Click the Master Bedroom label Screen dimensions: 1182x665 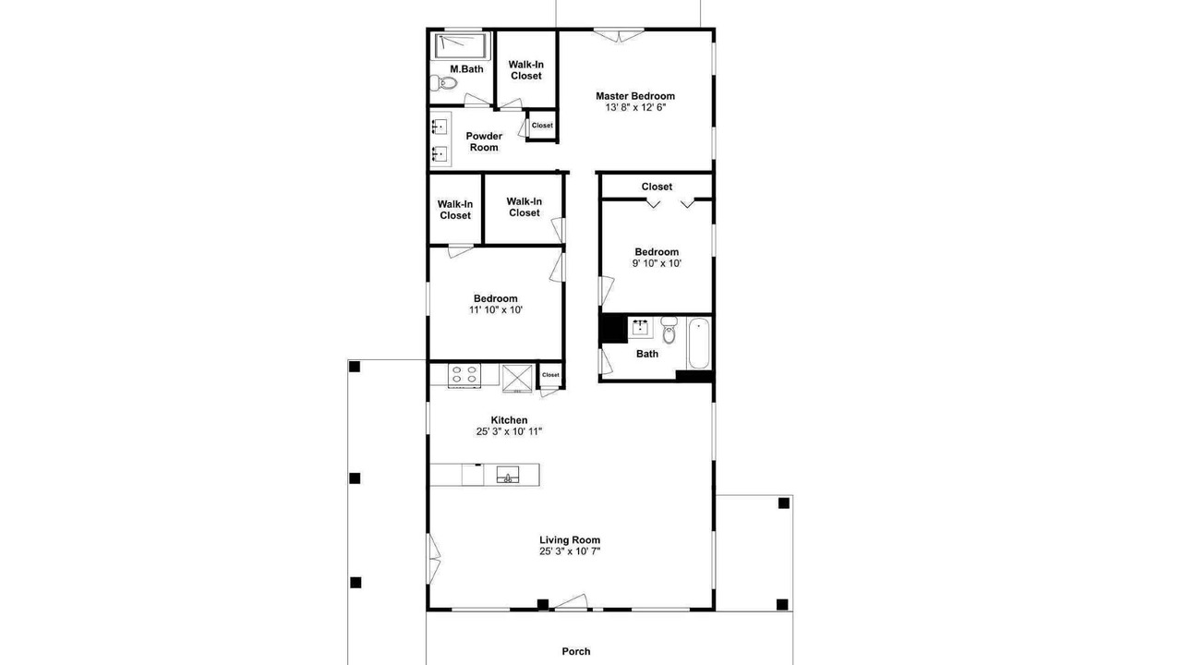[x=635, y=96]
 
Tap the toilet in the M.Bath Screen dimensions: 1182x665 [x=443, y=83]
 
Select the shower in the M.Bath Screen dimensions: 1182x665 [x=460, y=46]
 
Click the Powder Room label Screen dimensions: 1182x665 [x=484, y=141]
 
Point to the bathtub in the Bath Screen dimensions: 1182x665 [x=699, y=343]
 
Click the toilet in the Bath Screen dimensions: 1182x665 [x=669, y=330]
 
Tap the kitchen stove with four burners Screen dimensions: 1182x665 [x=464, y=375]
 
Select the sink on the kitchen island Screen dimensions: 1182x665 [x=508, y=475]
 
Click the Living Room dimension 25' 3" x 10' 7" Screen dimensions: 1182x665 [x=570, y=551]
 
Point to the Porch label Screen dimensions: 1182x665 [x=576, y=651]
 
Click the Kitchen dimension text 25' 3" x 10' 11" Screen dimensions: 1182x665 [x=509, y=431]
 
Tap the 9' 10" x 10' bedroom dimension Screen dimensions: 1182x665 [x=657, y=263]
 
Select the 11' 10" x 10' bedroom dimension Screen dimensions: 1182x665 [x=496, y=309]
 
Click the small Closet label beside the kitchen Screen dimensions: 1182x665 [x=550, y=375]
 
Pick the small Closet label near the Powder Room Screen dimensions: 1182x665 [x=542, y=125]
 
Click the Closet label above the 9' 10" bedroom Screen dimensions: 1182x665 [x=657, y=187]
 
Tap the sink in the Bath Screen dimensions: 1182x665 [x=641, y=327]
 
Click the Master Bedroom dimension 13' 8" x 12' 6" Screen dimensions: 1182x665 [x=635, y=108]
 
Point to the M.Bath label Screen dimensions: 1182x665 [x=466, y=69]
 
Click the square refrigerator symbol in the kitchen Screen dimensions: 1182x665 [x=517, y=379]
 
